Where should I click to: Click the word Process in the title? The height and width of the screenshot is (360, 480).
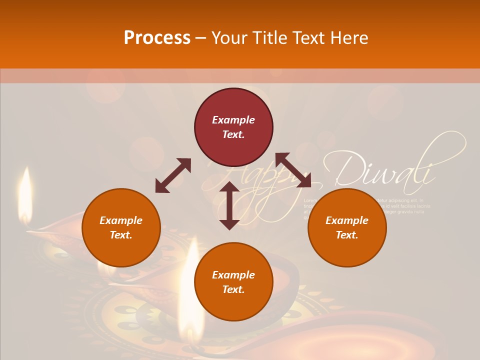(157, 38)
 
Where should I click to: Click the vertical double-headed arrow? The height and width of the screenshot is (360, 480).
(229, 205)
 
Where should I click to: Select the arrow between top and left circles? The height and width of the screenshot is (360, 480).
(173, 175)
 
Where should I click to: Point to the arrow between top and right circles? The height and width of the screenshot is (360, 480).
(293, 170)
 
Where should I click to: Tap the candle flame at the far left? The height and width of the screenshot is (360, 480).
(25, 192)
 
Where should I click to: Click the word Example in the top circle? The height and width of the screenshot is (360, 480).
(233, 120)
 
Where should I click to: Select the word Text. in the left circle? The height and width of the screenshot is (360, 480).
(121, 235)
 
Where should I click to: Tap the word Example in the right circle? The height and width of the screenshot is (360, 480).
(347, 220)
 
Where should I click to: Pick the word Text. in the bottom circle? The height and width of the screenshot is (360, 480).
(233, 289)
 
